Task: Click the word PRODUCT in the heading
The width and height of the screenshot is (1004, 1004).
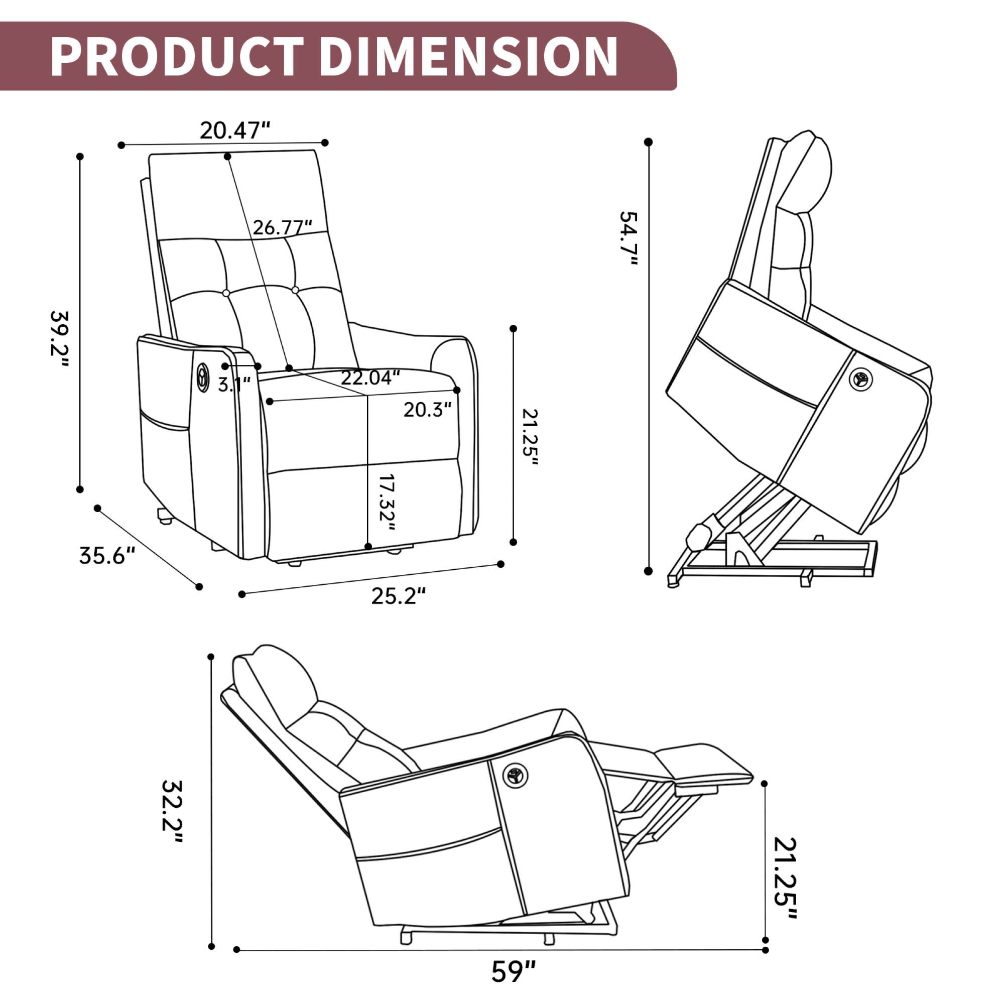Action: (x=177, y=57)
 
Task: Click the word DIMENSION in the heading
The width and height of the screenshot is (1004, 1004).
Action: (x=468, y=57)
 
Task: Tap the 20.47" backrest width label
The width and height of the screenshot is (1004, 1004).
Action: (x=235, y=131)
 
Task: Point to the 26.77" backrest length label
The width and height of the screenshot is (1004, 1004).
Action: (x=282, y=227)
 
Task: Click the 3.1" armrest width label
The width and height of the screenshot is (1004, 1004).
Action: (x=234, y=385)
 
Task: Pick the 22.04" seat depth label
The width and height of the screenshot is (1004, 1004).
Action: (x=370, y=378)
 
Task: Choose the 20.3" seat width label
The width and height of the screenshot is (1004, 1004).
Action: (x=427, y=410)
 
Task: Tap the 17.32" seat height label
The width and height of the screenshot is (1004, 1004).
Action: (x=387, y=503)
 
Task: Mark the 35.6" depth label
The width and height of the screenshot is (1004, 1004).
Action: (x=107, y=556)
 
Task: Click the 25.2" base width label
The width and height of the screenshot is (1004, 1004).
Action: (x=399, y=595)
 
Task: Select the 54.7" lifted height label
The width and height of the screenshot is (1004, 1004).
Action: (x=629, y=239)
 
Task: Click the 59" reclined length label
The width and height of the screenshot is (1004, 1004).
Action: (x=514, y=971)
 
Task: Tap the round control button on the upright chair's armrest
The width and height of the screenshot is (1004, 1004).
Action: (x=203, y=378)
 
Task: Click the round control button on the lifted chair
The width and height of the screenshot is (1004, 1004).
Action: (x=860, y=380)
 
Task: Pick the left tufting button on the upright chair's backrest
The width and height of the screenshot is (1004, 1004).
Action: (x=226, y=293)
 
